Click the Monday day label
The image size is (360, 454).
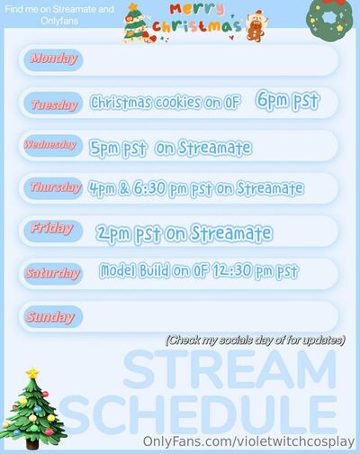(x=53, y=59)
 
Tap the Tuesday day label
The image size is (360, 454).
(x=54, y=104)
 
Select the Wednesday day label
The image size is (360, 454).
(x=50, y=145)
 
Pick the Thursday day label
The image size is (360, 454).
(x=56, y=187)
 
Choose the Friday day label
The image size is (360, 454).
(x=51, y=229)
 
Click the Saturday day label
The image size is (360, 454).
(x=53, y=273)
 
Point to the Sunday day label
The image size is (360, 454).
(x=50, y=317)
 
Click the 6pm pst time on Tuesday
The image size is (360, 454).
(x=288, y=101)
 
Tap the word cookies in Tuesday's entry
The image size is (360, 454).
(x=178, y=103)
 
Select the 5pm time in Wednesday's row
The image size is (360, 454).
(x=103, y=148)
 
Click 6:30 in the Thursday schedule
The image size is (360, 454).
(x=149, y=188)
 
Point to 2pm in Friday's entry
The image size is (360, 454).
(x=113, y=234)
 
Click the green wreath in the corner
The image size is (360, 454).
(x=329, y=19)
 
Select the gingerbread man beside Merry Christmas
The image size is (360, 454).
(x=256, y=26)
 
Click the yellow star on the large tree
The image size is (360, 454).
(x=32, y=373)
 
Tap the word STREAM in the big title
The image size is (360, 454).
(x=230, y=370)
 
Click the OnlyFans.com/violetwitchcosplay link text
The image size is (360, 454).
(x=248, y=441)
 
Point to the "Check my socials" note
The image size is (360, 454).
(x=256, y=340)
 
